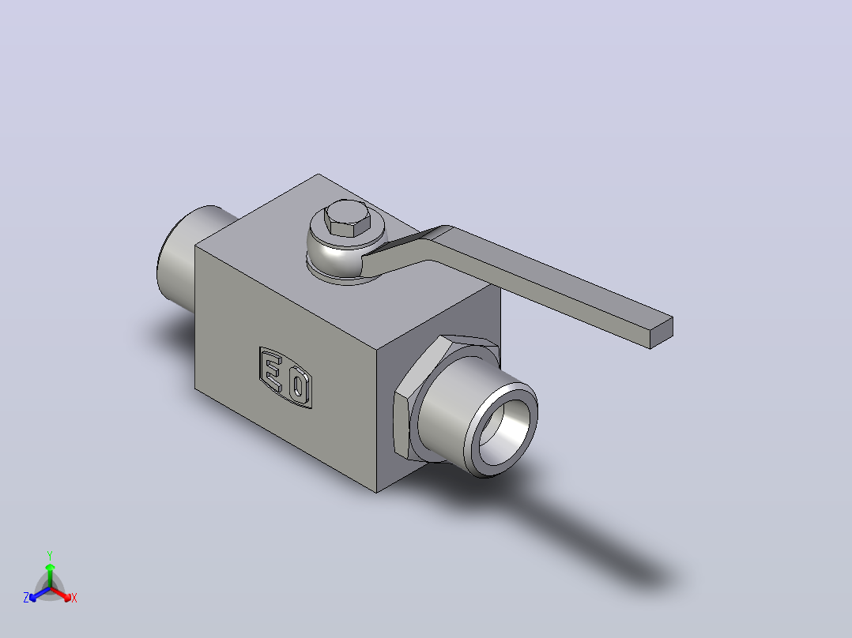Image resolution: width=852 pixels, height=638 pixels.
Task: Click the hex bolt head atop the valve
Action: coord(347,218)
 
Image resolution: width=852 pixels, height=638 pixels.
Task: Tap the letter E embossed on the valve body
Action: coord(272,371)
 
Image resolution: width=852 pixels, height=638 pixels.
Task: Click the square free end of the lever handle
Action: coord(662,332)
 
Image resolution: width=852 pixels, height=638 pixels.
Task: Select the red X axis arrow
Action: coord(61,594)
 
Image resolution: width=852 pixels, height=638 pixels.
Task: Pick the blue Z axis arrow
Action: coord(40,594)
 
